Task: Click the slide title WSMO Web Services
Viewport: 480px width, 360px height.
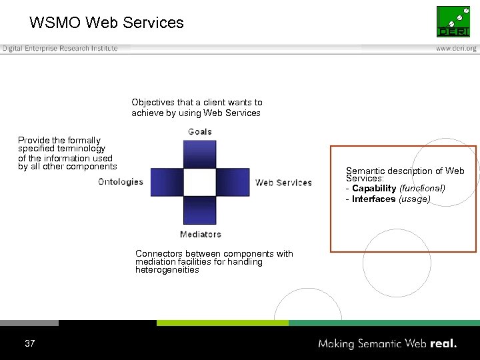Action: (107, 23)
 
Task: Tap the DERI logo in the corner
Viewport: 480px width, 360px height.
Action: (453, 22)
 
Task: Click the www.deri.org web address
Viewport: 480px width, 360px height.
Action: (457, 49)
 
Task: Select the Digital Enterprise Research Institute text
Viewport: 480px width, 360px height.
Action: (60, 49)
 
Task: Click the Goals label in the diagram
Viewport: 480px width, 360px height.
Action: (200, 131)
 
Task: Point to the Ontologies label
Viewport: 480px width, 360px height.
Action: (121, 181)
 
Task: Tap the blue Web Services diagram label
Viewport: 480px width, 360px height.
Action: (283, 183)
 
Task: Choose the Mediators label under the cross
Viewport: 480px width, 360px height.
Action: (200, 234)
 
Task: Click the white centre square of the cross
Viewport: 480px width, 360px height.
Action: (200, 182)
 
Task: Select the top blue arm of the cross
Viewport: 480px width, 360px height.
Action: (200, 154)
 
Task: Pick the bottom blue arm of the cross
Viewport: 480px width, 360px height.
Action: (200, 210)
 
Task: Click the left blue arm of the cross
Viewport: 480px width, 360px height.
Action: (167, 182)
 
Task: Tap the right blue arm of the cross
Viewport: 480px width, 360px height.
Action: (233, 182)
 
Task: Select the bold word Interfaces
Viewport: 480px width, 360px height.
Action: (374, 199)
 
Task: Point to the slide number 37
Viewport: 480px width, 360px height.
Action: (29, 344)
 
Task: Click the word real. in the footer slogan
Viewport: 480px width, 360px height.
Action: (443, 344)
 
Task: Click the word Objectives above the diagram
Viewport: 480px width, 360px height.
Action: (153, 103)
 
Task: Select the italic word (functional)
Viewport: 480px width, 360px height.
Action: (422, 189)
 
